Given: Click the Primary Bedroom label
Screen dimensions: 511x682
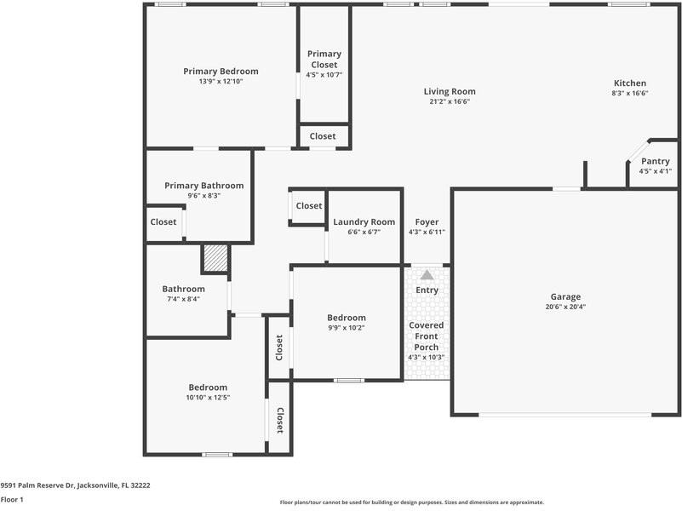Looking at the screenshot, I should tap(221, 72).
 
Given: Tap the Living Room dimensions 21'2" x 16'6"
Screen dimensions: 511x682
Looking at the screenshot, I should tap(450, 101).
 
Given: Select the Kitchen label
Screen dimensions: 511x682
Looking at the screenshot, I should tap(630, 83).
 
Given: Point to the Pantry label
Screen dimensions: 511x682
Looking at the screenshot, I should tap(655, 161).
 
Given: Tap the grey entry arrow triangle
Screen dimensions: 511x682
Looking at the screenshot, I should tap(427, 275).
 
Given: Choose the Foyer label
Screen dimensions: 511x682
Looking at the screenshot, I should tap(427, 221).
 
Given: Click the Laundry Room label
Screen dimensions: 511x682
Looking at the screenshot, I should tap(364, 221).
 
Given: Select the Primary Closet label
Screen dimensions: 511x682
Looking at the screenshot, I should tap(324, 60).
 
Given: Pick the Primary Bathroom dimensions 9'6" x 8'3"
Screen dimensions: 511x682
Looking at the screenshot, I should tap(203, 196).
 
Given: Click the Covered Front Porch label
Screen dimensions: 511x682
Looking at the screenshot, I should tap(427, 336).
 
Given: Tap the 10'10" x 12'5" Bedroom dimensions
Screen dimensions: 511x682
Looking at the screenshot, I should tap(208, 397).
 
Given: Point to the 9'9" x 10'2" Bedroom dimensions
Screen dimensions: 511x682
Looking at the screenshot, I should tap(347, 327).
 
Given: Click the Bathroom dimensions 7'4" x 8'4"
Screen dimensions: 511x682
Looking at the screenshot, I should tap(185, 299).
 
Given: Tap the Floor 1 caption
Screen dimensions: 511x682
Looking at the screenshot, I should tap(12, 500).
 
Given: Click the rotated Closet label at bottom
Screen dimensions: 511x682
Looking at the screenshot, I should tap(279, 419).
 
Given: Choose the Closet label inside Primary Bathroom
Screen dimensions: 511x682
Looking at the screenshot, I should tap(163, 222).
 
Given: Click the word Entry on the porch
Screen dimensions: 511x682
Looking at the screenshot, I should tap(427, 290).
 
